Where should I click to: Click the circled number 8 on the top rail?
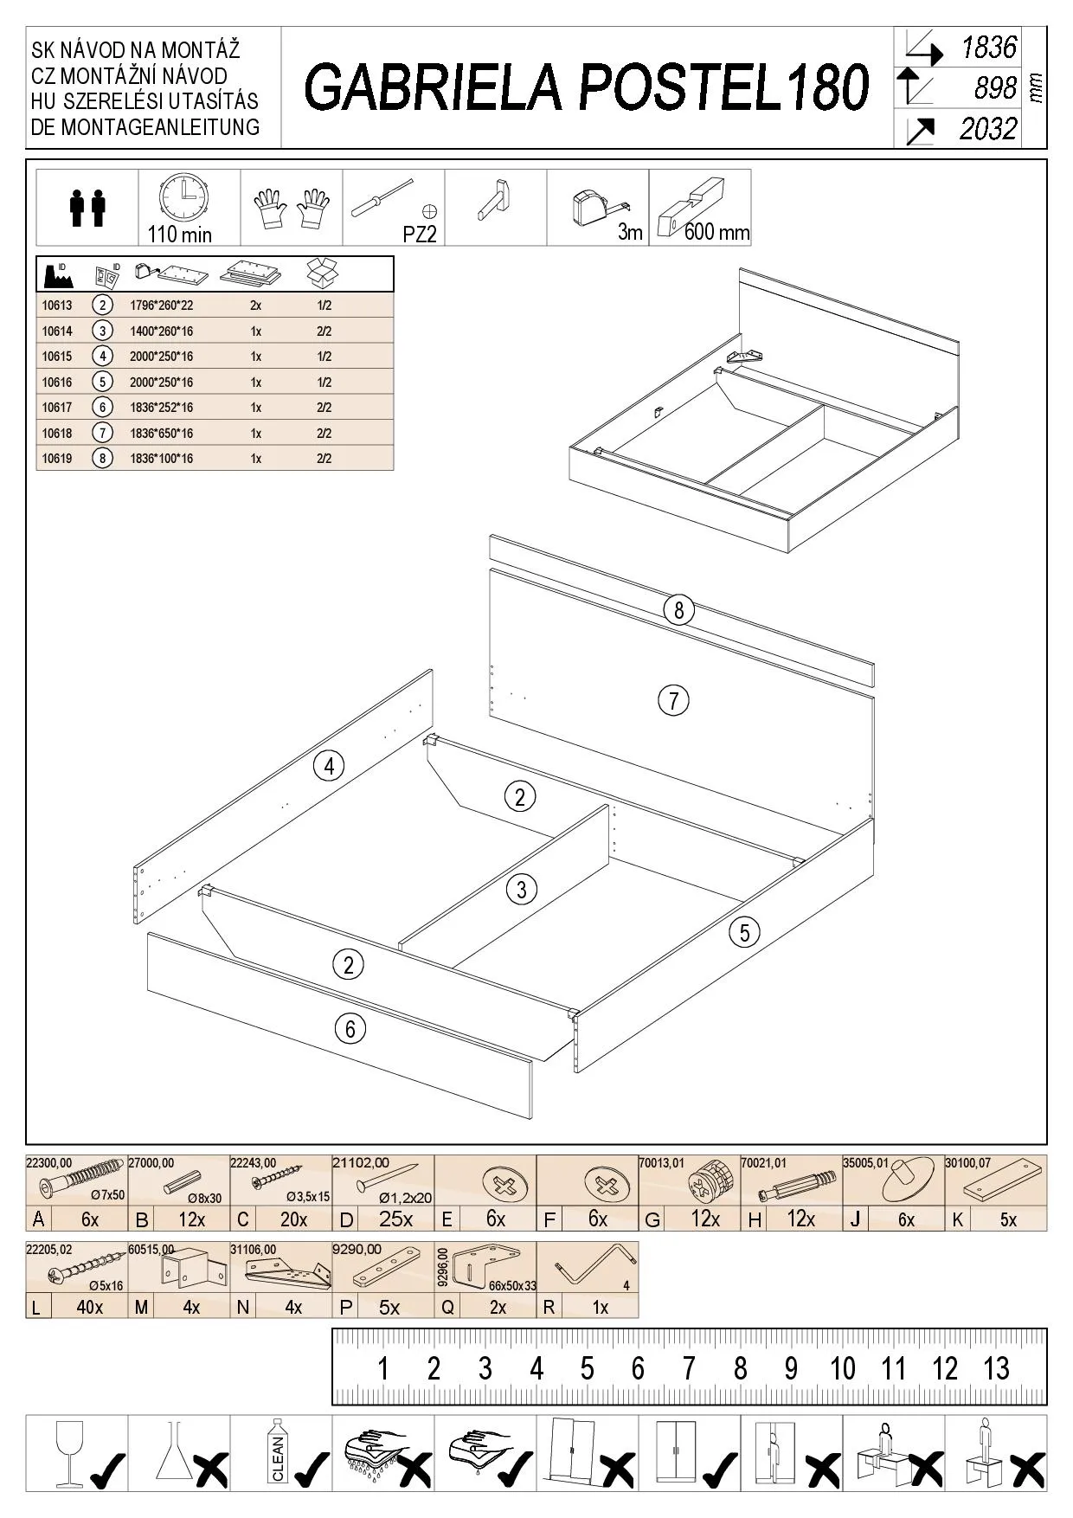678,610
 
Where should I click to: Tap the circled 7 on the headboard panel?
673,699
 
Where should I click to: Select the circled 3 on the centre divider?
521,889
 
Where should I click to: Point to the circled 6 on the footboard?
350,1028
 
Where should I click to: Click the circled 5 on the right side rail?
744,932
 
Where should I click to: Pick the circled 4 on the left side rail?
328,766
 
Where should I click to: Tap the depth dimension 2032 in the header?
987,129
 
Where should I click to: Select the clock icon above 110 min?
183,197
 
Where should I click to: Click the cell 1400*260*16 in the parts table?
161,331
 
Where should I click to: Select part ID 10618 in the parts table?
57,434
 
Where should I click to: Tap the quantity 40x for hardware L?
90,1307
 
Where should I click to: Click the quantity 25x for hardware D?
395,1219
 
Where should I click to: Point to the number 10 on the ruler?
842,1368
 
